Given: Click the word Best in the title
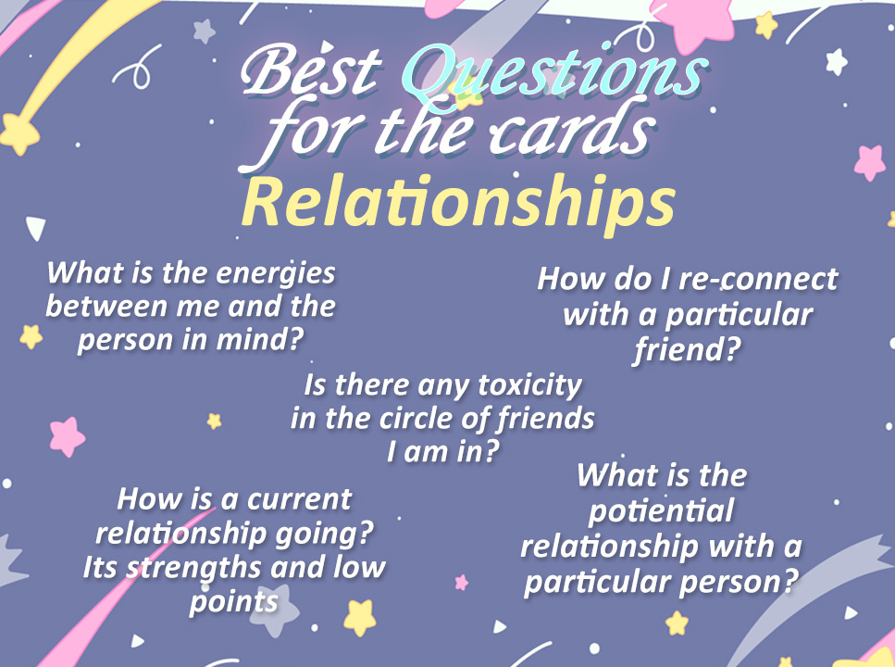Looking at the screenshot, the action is (x=311, y=71).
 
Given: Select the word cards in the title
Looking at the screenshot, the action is (x=571, y=131).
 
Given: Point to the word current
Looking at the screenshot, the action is (x=299, y=499).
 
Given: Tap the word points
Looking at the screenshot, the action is (x=234, y=602).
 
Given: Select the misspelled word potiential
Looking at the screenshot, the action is (x=661, y=511).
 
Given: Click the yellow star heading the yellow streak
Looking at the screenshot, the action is (x=19, y=133).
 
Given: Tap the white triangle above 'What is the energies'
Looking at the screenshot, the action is (x=36, y=228).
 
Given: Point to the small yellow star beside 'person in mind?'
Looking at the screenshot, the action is (x=31, y=336).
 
